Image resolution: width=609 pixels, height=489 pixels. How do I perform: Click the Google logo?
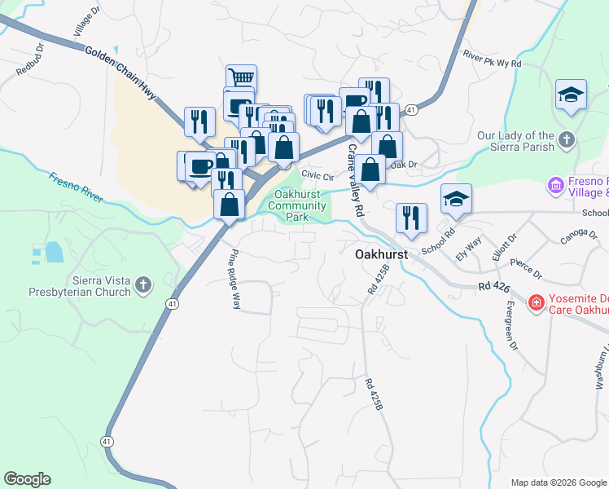(27, 479)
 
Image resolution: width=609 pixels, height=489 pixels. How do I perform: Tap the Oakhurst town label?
(381, 254)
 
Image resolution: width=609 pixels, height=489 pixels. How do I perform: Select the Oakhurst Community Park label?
(297, 206)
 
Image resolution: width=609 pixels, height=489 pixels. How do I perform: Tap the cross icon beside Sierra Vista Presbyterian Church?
(144, 285)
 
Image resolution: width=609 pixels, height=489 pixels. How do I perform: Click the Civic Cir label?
(318, 175)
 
